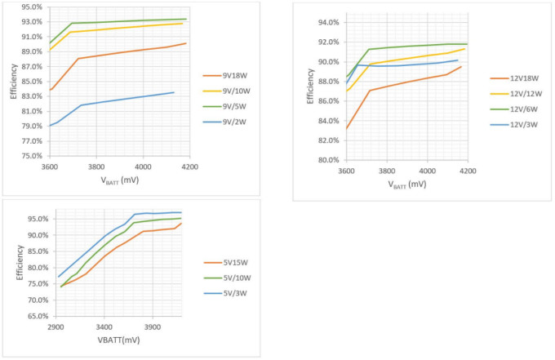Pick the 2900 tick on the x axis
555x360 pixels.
[55, 325]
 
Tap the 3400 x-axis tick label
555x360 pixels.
[104, 325]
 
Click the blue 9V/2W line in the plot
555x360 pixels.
[122, 100]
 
